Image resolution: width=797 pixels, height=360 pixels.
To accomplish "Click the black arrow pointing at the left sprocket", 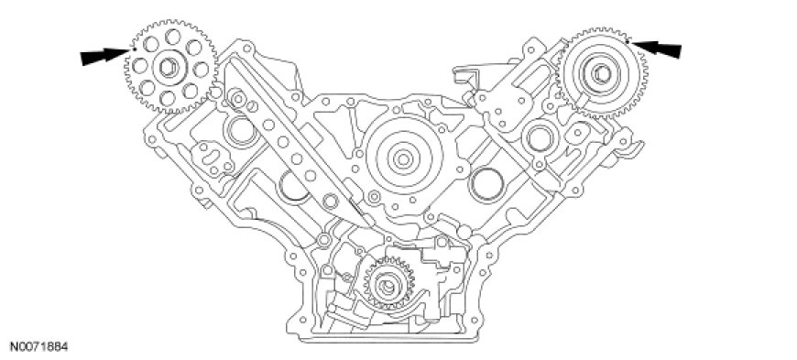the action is [x=105, y=56].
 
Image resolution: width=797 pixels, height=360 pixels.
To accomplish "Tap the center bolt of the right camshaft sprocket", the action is [x=601, y=74].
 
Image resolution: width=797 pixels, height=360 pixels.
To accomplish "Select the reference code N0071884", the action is [x=35, y=347].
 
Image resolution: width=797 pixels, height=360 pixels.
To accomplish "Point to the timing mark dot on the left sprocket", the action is [x=134, y=49].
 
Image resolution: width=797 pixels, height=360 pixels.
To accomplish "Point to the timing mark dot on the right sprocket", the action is [x=628, y=42].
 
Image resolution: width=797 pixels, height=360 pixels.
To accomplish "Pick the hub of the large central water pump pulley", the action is [x=403, y=158].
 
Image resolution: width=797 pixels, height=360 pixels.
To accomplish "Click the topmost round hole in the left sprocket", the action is [x=173, y=37].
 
